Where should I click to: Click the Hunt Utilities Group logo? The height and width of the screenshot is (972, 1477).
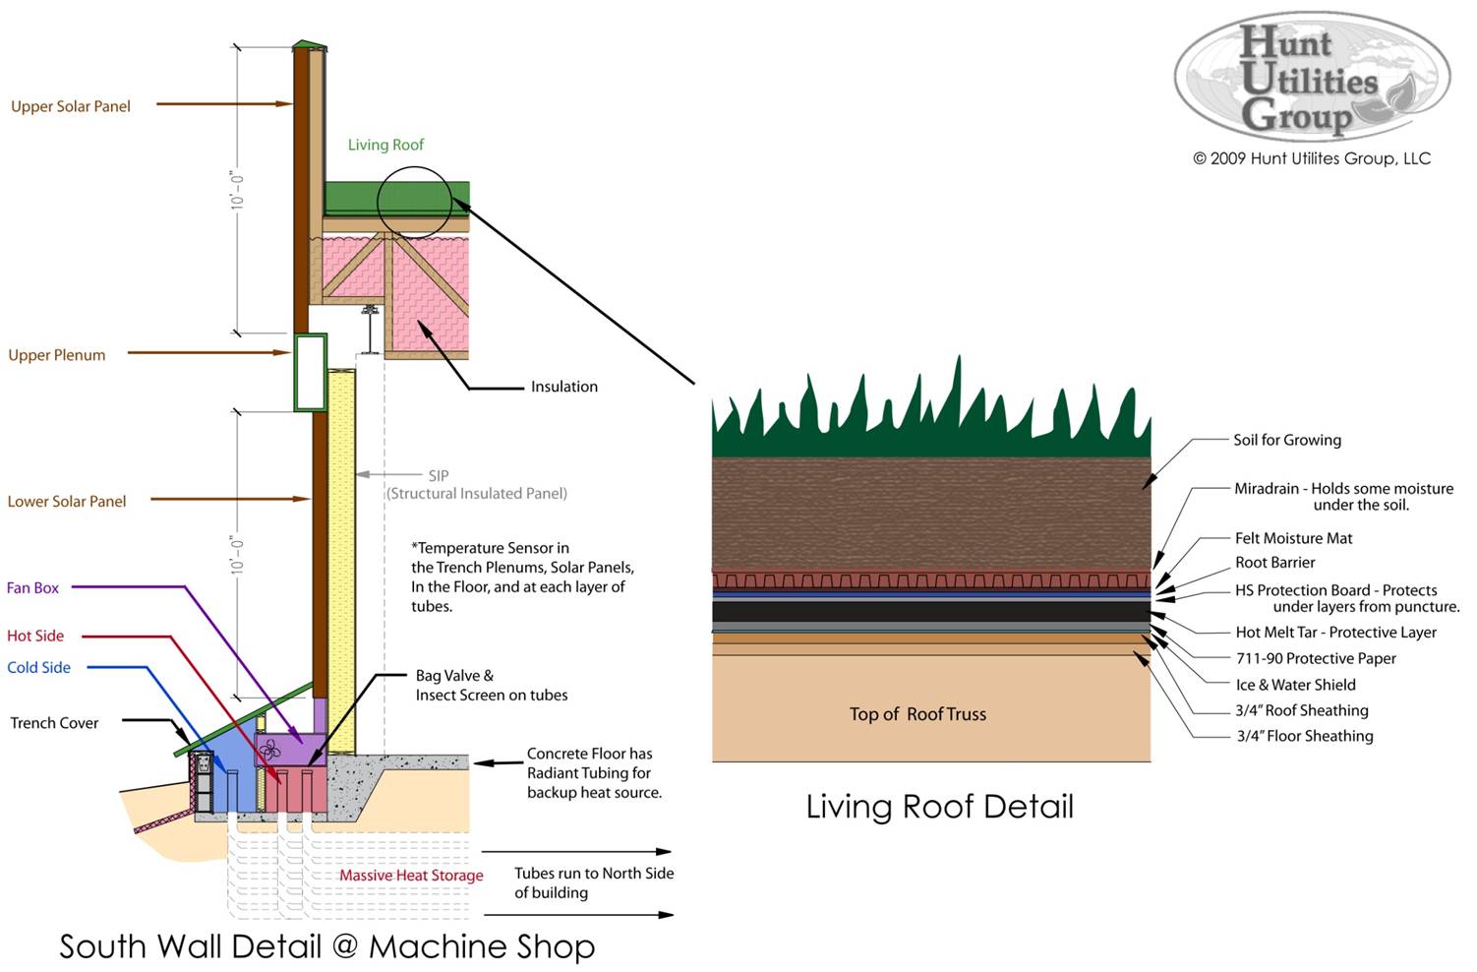(1312, 77)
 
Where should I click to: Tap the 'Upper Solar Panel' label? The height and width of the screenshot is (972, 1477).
(71, 106)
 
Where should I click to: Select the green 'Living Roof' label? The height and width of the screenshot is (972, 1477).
(385, 145)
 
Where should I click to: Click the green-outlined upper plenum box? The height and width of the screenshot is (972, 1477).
(310, 372)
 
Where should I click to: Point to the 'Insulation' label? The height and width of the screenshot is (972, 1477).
(563, 387)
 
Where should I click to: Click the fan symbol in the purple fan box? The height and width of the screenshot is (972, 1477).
(271, 749)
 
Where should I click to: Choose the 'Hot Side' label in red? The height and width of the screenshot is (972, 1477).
(35, 636)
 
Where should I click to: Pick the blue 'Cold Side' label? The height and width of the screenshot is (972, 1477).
(39, 667)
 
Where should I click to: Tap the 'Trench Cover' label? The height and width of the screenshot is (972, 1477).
(54, 723)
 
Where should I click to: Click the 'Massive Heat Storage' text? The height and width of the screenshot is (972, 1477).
(411, 876)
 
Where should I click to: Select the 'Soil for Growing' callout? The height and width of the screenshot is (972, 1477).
(1287, 440)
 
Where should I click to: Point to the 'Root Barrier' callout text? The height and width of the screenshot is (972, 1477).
(1275, 563)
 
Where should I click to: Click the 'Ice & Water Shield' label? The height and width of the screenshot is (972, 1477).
(1295, 685)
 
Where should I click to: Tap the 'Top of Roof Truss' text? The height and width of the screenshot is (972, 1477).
(917, 714)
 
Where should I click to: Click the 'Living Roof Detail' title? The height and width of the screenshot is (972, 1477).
(939, 807)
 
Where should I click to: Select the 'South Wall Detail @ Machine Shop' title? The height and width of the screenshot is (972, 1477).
(326, 946)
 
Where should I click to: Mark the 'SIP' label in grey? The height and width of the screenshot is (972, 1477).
(439, 475)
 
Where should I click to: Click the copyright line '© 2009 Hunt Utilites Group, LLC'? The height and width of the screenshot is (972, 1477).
(1311, 158)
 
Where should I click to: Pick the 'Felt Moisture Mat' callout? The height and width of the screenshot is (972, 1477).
(1293, 538)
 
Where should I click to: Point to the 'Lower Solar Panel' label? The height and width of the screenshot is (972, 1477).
(67, 502)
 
